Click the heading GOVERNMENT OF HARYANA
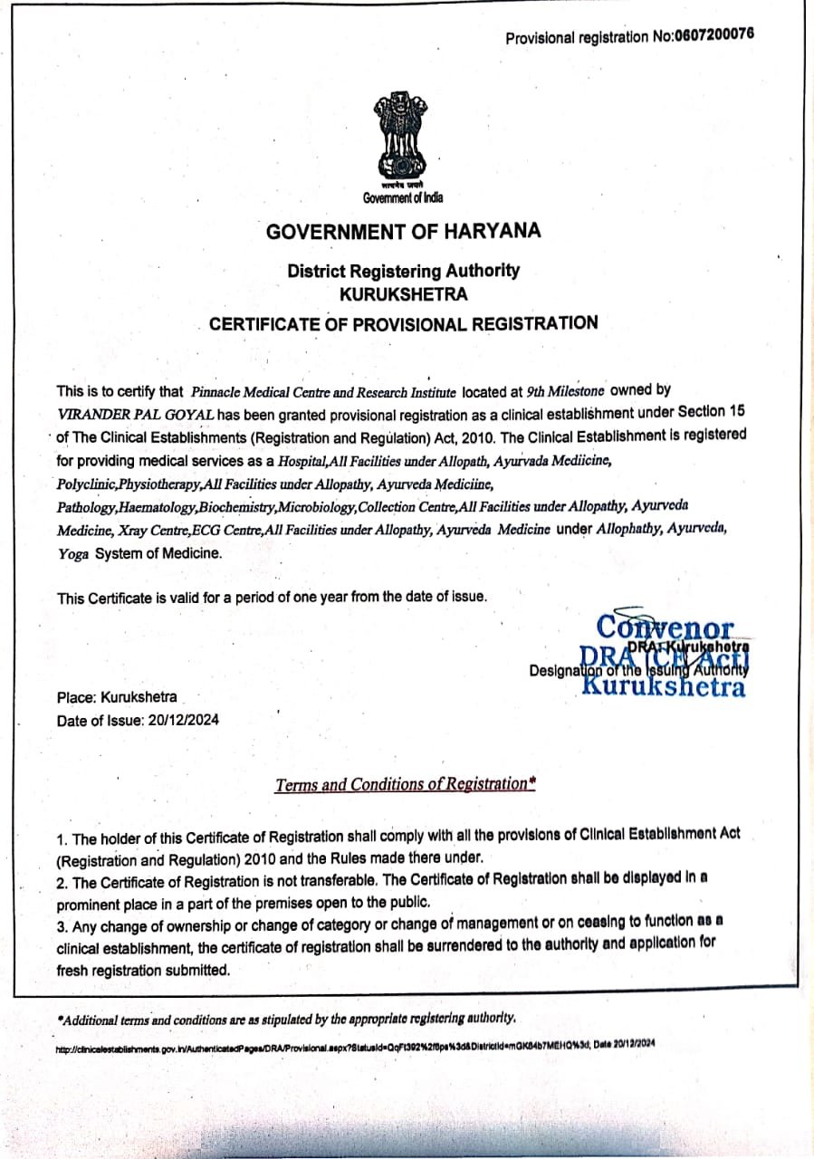tap(403, 232)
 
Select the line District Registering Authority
tap(403, 271)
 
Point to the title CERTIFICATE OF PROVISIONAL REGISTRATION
tap(403, 323)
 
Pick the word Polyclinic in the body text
tap(86, 484)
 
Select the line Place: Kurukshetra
tap(117, 698)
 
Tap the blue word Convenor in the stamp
tap(666, 627)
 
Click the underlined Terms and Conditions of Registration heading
tap(405, 784)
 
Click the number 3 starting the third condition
tap(61, 922)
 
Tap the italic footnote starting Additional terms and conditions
tap(286, 1018)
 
